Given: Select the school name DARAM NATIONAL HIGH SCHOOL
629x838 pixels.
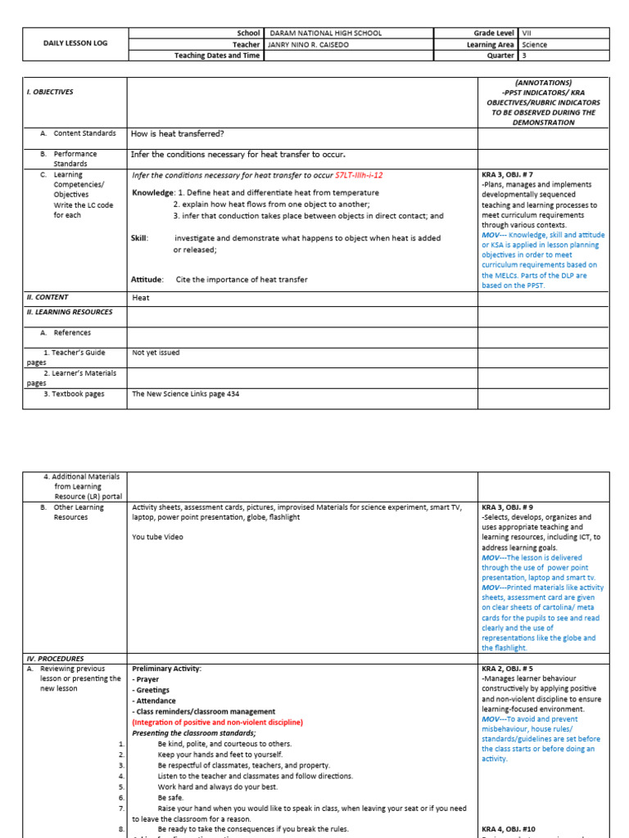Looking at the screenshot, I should pos(326,34).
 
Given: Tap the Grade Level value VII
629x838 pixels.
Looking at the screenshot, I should pos(527,34).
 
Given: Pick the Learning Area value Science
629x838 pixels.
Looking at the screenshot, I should pos(534,45).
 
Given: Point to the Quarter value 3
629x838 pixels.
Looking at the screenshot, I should pos(524,56).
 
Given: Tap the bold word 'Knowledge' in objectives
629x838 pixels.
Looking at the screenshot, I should pos(152,192).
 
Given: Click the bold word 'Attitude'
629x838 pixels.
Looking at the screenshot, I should pos(147,280).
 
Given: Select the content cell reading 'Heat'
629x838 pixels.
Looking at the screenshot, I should pos(141,298).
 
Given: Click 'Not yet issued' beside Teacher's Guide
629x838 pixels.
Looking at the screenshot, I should pos(156,353).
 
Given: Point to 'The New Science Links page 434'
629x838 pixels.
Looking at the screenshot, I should pos(186,394).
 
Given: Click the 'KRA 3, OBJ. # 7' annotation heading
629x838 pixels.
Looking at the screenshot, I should pos(508,175).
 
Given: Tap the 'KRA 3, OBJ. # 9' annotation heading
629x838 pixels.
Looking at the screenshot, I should pos(508,507).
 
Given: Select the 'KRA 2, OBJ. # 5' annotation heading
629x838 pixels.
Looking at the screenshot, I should pos(508,669).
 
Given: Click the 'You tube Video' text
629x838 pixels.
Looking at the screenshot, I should pos(157,537).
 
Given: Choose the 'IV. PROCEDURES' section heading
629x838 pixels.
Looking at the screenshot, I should pos(57,658).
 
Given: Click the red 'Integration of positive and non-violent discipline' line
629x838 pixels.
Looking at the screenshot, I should pos(217,723).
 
